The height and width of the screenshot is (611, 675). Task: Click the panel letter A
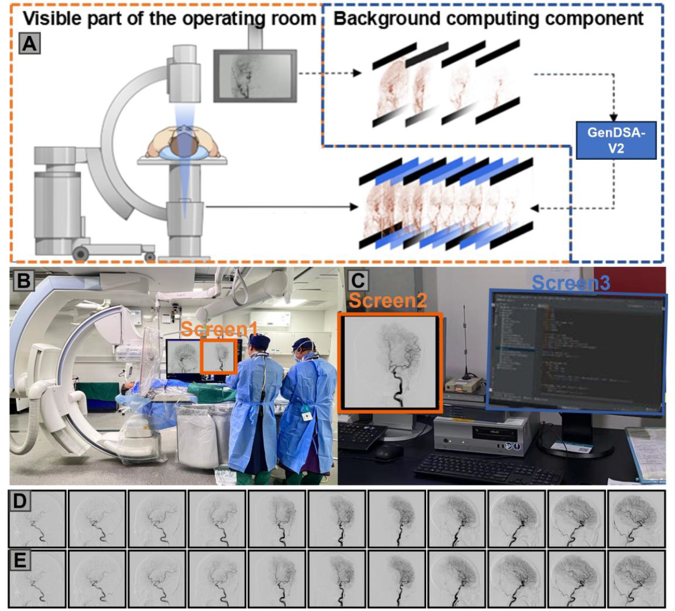coord(29,43)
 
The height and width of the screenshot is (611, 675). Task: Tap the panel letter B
coord(24,280)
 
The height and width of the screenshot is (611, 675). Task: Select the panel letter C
coord(358,280)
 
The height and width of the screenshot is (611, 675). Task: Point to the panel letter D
coord(20,501)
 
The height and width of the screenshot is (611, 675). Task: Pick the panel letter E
coord(20,560)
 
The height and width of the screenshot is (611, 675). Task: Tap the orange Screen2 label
coord(387,301)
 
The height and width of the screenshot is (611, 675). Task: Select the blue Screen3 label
coord(570,283)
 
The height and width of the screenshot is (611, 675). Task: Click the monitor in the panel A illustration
coord(255,75)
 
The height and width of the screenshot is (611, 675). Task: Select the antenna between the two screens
coord(466,343)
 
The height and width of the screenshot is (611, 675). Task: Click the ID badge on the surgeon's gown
coord(307,417)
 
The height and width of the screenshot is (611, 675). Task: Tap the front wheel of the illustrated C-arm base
coord(80,254)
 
